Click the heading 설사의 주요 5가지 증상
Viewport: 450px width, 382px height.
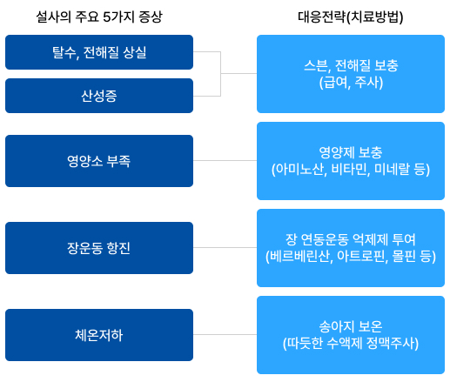tap(99, 17)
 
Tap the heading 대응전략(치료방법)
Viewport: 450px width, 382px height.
tap(351, 17)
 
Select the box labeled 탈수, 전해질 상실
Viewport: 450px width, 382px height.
tap(99, 52)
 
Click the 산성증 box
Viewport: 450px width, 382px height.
tap(99, 96)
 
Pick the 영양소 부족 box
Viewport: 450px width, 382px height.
tap(99, 161)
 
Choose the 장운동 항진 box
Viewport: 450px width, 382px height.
tap(99, 248)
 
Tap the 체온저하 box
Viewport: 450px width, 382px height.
tap(99, 335)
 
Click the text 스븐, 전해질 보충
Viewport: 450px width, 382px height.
tap(351, 66)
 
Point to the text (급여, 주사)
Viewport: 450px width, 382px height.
tap(351, 83)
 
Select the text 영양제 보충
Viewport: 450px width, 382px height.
tap(351, 152)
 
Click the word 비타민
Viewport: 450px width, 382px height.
tap(351, 170)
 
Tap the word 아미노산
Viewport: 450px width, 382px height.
tap(299, 170)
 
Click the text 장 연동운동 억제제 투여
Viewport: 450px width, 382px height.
tap(351, 239)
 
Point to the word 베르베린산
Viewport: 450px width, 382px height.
tap(301, 257)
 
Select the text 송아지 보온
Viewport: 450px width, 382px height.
tap(351, 326)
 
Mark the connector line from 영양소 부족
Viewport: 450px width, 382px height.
tap(225, 160)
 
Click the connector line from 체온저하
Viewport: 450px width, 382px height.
tap(225, 334)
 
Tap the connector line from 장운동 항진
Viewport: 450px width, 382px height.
tap(225, 247)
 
